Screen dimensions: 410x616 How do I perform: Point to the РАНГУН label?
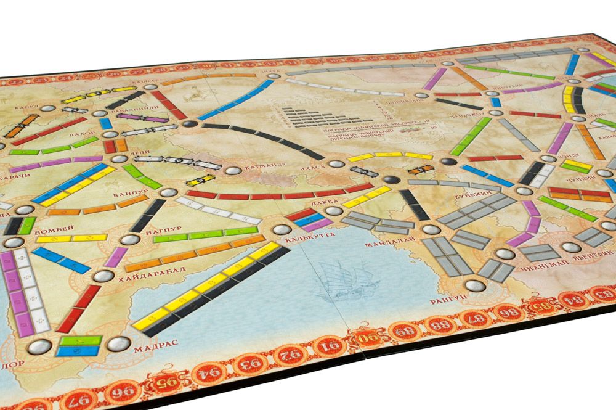(x=444, y=301)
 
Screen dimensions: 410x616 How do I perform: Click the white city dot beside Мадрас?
(x=119, y=342)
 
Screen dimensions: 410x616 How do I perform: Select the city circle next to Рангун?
(x=472, y=285)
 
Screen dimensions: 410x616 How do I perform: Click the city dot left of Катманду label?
(x=233, y=171)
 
